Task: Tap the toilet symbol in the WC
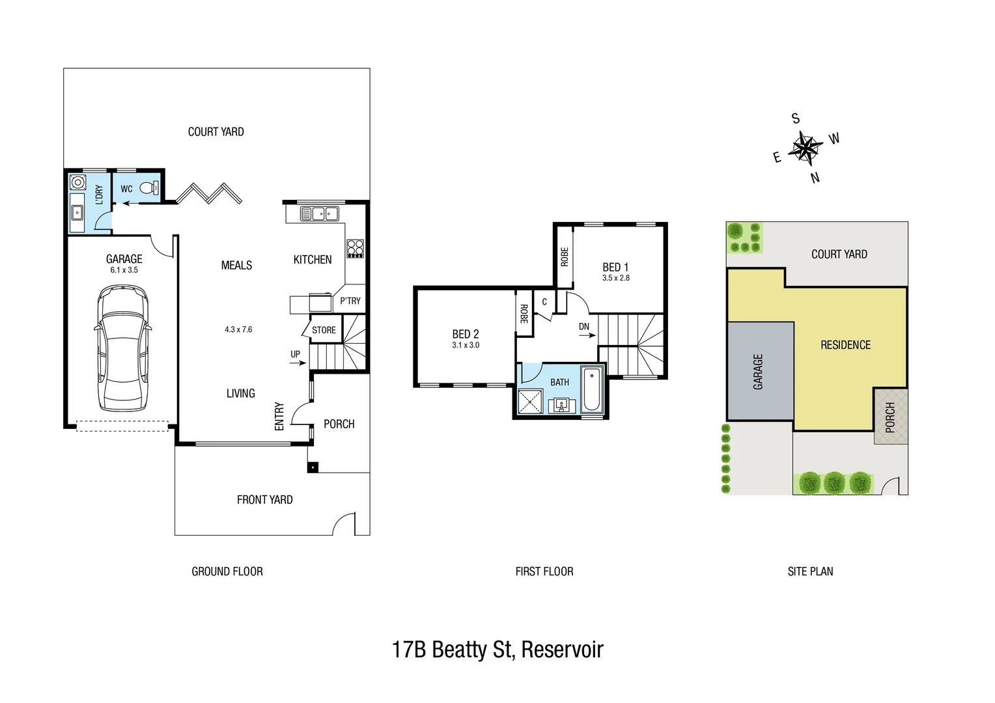[x=149, y=188]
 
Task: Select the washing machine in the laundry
[x=78, y=182]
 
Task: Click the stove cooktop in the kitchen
[x=355, y=249]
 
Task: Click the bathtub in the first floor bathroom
[x=591, y=390]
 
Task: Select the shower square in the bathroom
[x=530, y=401]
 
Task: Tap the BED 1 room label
[x=615, y=267]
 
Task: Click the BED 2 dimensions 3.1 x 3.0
[x=466, y=346]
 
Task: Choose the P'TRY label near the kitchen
[x=350, y=301]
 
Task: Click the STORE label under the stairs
[x=324, y=330]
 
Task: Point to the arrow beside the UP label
[x=298, y=363]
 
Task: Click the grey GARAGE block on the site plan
[x=760, y=371]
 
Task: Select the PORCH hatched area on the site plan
[x=890, y=417]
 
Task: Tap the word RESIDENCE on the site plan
[x=845, y=345]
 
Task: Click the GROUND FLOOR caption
[x=227, y=572]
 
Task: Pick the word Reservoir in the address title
[x=562, y=650]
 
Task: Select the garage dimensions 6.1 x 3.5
[x=124, y=270]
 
